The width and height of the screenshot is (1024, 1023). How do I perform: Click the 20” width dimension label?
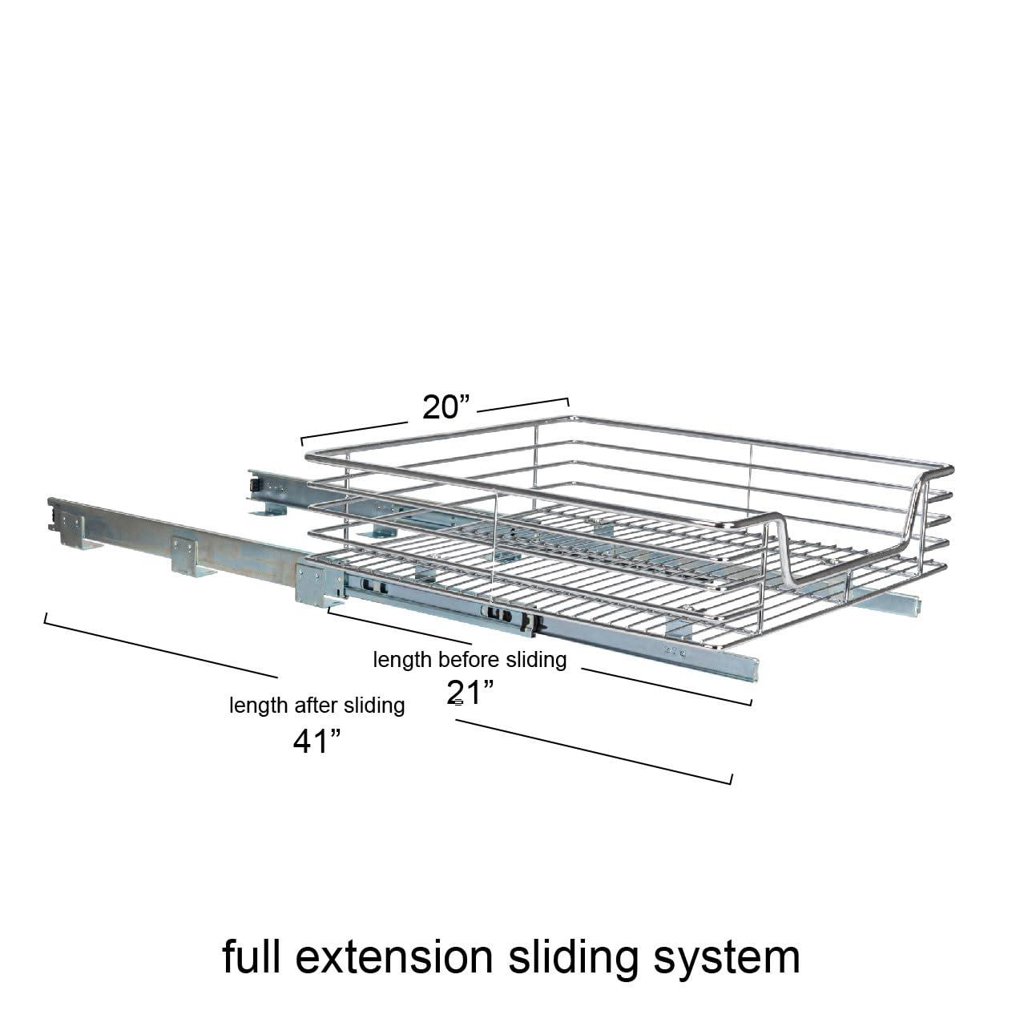tap(446, 407)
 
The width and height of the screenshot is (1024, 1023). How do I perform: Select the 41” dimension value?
tap(316, 742)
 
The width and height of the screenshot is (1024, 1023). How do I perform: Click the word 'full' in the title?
tap(252, 956)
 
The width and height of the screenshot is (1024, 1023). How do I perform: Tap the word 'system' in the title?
tap(727, 960)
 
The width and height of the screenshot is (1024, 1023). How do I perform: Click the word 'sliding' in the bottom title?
tap(574, 960)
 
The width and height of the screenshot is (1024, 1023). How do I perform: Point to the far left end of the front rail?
tap(51, 515)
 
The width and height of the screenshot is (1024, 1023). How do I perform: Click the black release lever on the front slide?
tap(529, 623)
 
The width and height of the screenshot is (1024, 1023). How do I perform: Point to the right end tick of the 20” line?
tap(568, 402)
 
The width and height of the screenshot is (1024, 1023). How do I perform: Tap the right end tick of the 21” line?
tap(751, 702)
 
